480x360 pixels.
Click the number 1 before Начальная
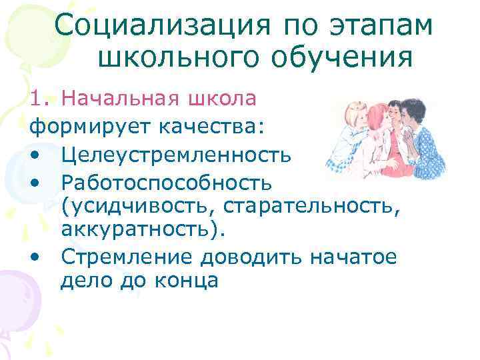point(38,99)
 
